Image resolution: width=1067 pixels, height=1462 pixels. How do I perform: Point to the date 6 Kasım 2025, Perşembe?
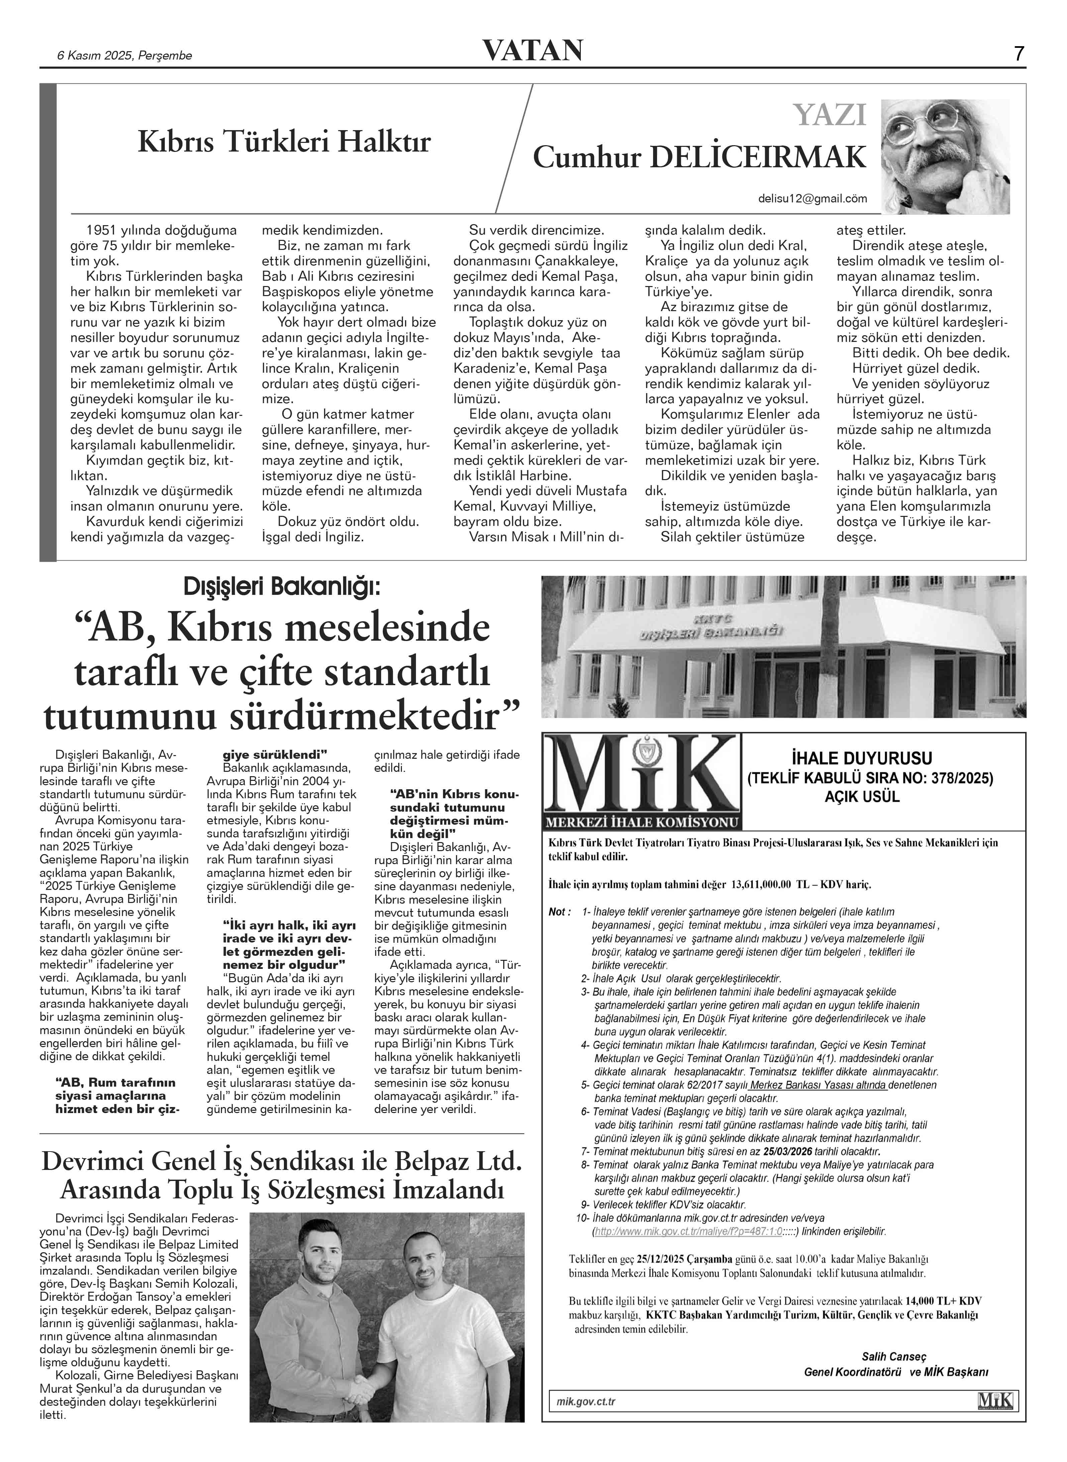[125, 56]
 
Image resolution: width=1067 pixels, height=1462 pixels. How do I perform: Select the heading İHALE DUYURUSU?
[870, 758]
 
